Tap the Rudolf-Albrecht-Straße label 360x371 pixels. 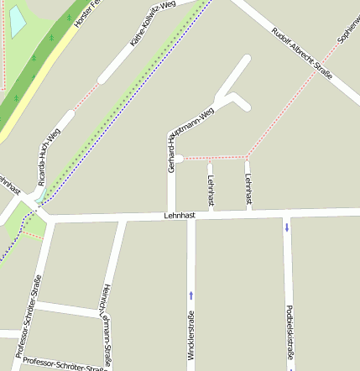302,53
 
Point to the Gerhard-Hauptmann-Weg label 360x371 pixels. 190,139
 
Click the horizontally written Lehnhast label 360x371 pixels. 180,216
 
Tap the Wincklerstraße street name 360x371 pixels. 191,336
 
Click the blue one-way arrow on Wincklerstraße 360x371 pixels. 191,295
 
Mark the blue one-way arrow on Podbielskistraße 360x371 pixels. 287,226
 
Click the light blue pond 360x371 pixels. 17,20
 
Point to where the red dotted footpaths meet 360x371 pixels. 246,157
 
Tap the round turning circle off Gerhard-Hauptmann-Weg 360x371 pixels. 178,158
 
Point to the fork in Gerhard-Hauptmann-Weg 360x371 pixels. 228,94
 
